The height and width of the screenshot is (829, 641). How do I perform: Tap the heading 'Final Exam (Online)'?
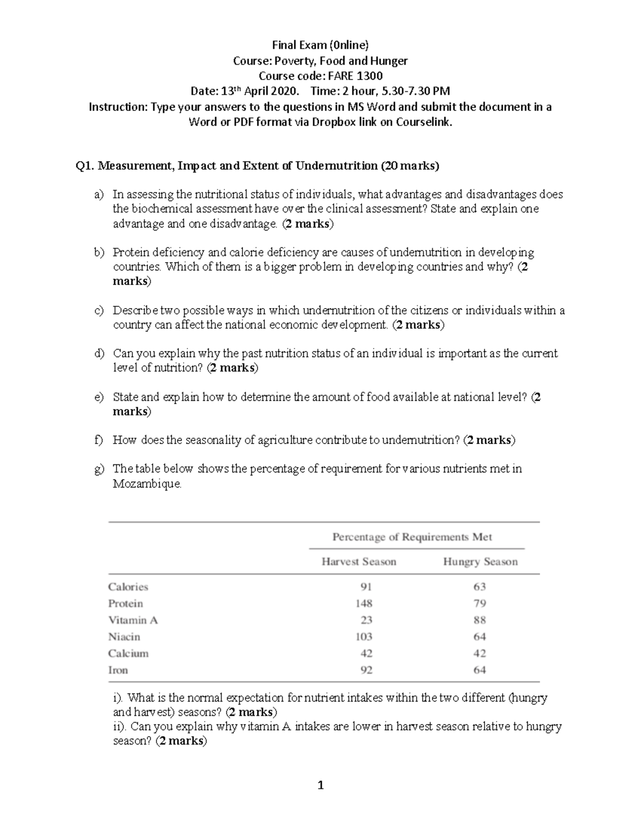coord(320,45)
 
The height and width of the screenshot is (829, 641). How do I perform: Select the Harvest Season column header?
coord(358,562)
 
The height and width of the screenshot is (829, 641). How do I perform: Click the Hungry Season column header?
coord(480,562)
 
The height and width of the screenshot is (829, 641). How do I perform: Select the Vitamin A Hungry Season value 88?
coord(479,620)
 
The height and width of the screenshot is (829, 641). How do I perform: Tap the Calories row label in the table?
coord(128,587)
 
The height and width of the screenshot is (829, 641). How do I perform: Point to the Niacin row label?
coord(124,636)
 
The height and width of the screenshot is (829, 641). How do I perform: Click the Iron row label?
coord(118,670)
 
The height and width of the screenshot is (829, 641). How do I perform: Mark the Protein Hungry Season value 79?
coord(479,603)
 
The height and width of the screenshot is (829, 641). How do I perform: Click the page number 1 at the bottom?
coord(320,785)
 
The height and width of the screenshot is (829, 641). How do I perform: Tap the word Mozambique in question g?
coord(147,484)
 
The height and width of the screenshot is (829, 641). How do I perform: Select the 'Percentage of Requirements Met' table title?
coord(412,537)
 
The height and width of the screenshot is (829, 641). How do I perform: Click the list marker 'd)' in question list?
coord(99,353)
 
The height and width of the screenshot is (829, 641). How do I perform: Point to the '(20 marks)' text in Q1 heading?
coord(409,165)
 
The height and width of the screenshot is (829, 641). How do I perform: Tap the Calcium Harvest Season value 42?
coord(366,653)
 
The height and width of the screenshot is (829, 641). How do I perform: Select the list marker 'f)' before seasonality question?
coord(98,440)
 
